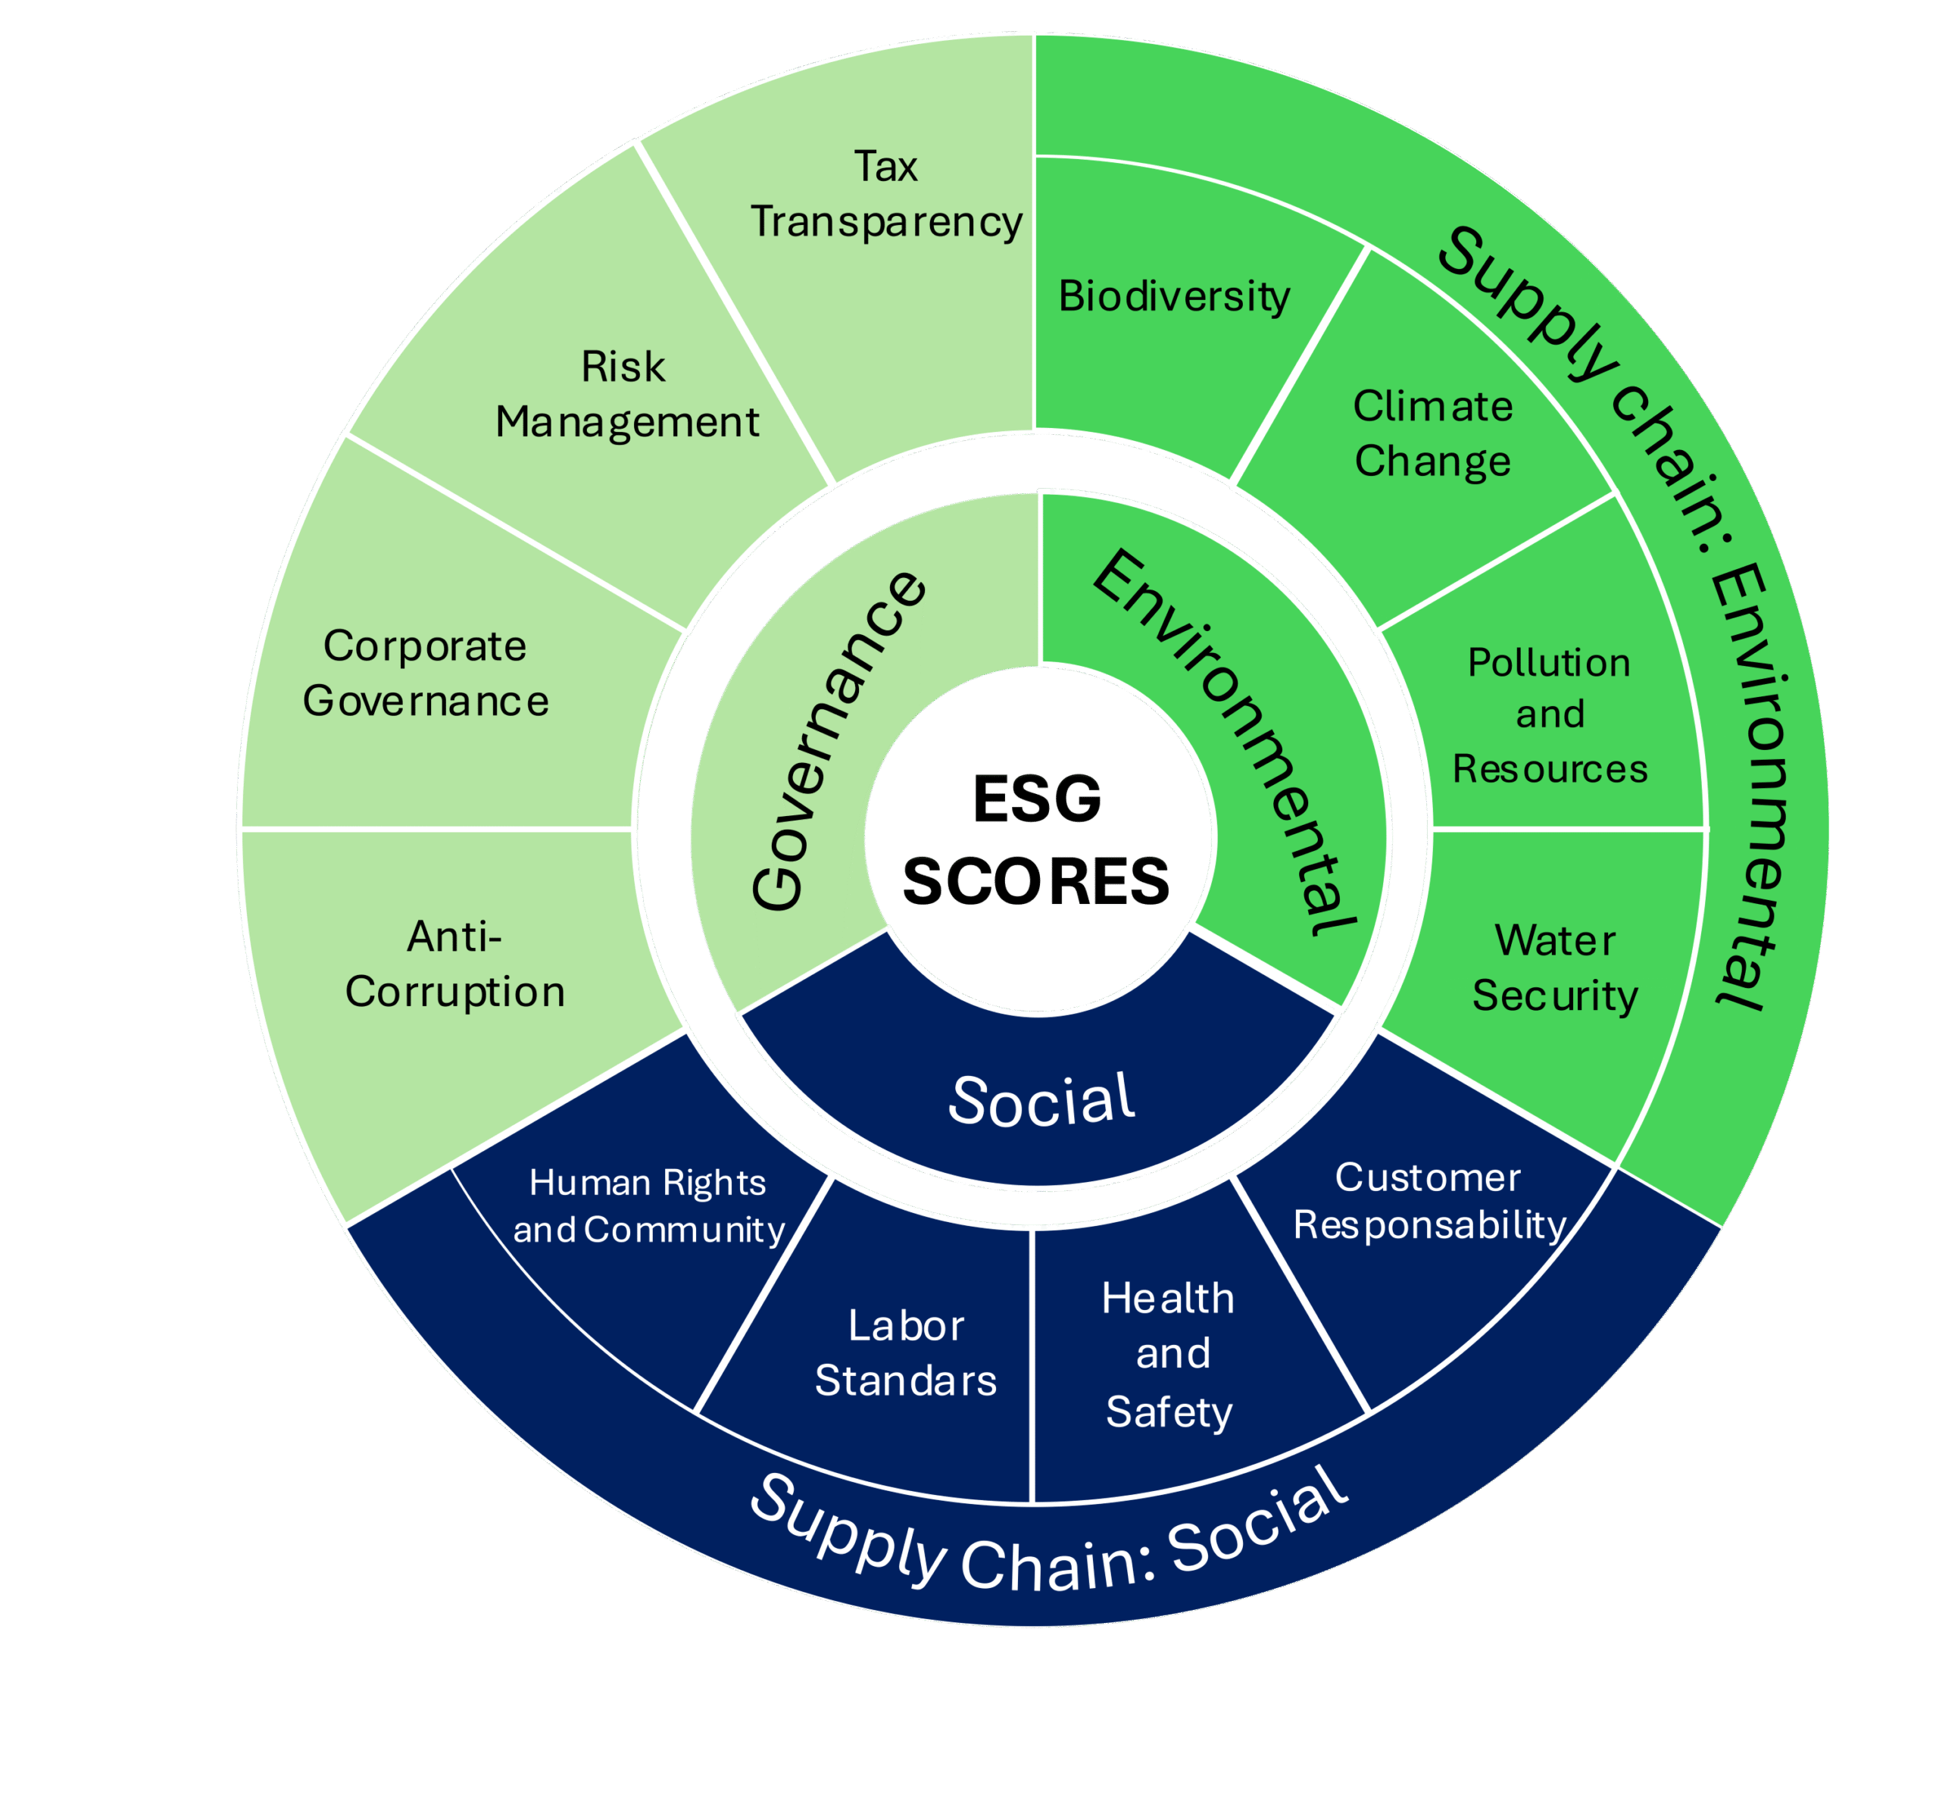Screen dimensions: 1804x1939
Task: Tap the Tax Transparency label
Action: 885,194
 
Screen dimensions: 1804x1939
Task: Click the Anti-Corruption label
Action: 454,964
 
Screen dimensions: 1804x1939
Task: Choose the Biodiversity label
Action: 1174,296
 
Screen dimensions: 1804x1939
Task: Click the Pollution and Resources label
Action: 1550,715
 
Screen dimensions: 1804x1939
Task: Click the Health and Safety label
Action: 1169,1354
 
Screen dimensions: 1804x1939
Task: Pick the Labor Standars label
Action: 906,1352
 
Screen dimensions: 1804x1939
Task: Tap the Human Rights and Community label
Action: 648,1206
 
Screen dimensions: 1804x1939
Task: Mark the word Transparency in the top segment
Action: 885,221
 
